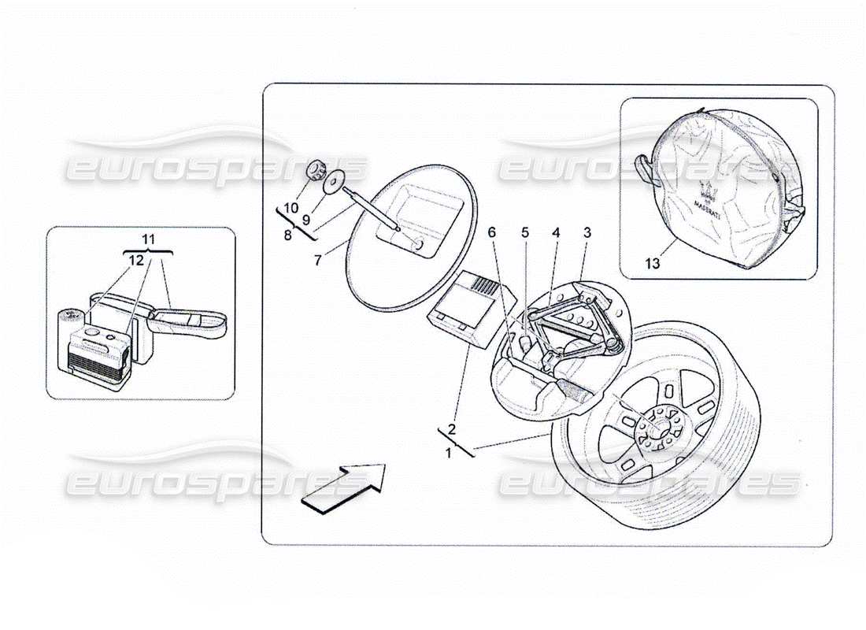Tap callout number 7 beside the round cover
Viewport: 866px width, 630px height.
[318, 260]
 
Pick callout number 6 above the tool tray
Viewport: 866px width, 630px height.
[492, 232]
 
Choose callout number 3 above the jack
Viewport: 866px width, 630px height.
[587, 232]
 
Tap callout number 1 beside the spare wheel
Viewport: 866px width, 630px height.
[449, 453]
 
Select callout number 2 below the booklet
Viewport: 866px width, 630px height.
[452, 429]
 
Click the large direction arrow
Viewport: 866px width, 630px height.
[345, 487]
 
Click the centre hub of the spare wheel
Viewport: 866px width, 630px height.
[655, 429]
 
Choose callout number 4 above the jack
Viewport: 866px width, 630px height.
[555, 232]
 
